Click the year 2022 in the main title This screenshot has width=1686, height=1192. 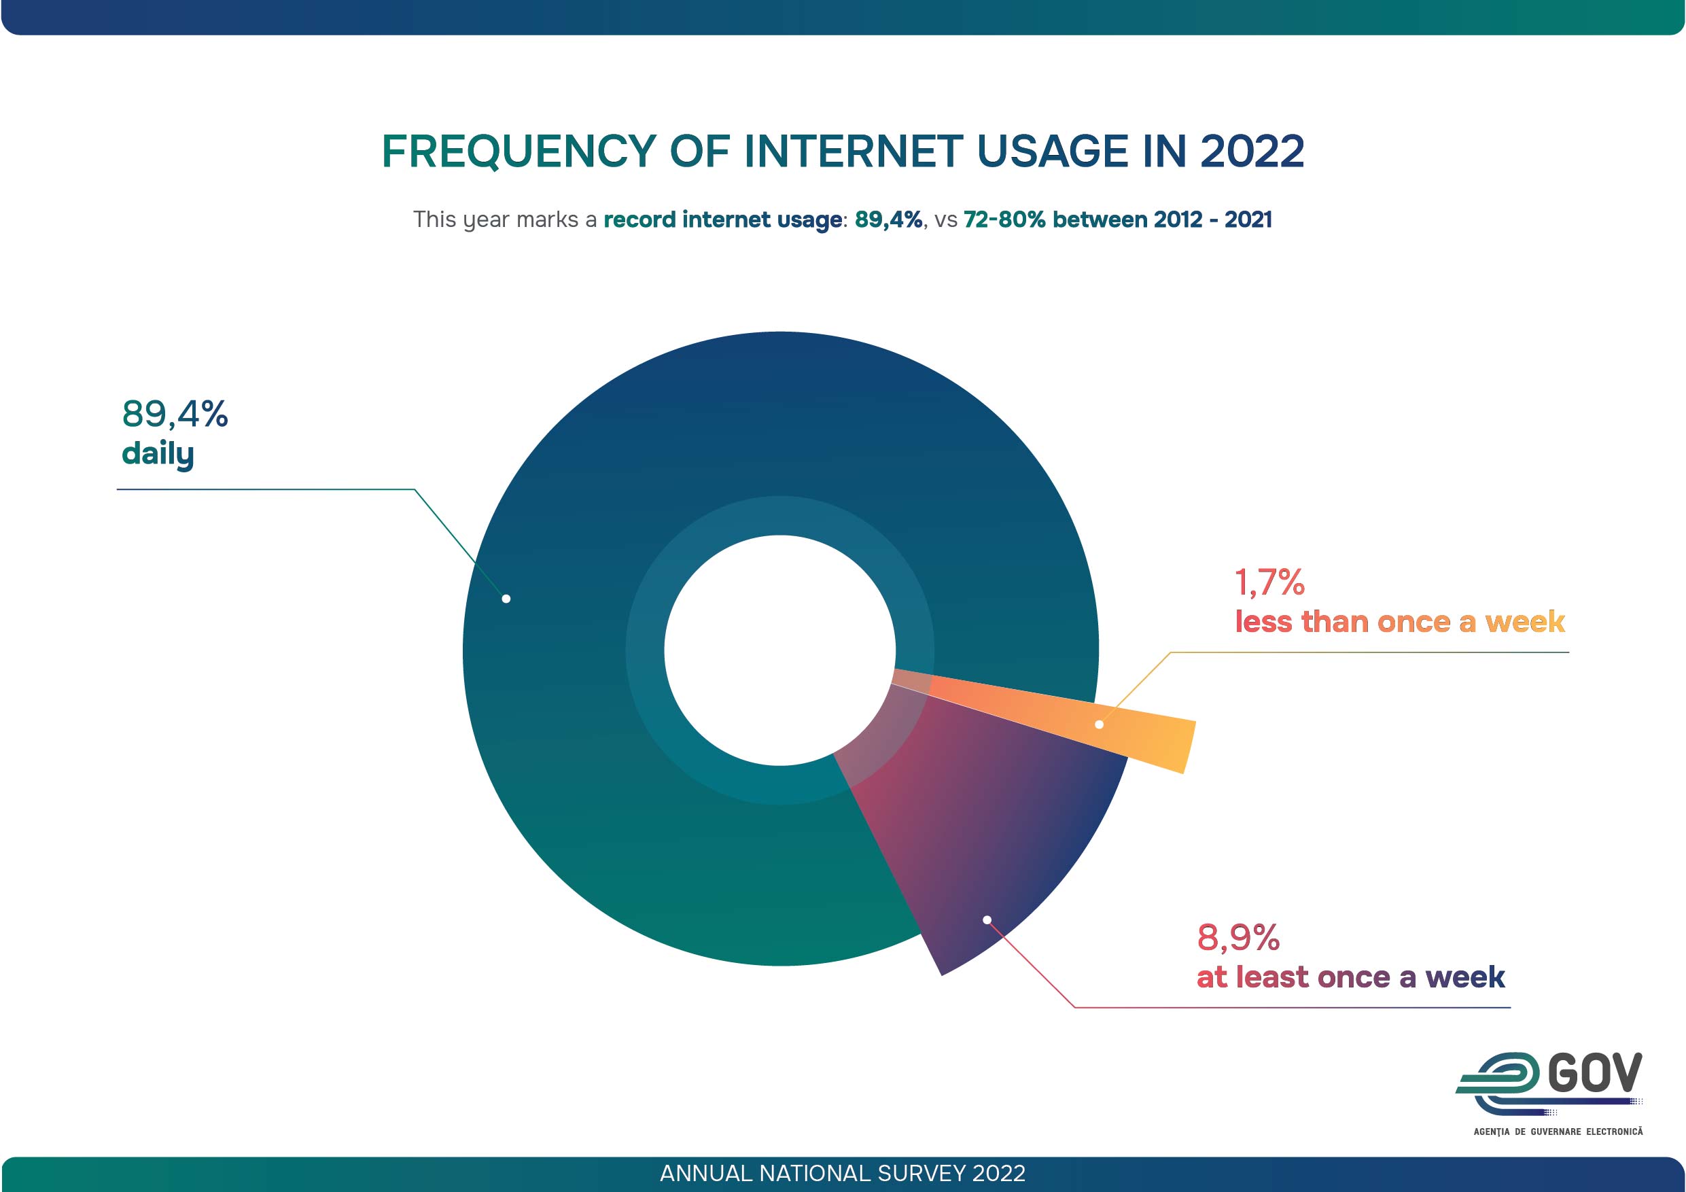pos(1251,152)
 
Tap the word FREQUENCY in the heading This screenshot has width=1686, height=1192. pos(519,152)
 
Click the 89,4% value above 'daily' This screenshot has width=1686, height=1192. pos(175,415)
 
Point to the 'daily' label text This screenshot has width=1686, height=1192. pos(158,454)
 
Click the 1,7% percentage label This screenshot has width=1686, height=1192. pos(1269,582)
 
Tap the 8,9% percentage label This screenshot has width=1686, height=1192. pos(1238,938)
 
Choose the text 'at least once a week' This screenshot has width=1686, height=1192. pos(1350,977)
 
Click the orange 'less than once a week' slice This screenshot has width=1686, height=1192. pos(1146,735)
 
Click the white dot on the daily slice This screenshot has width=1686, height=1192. pos(506,599)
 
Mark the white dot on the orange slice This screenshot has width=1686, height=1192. pos(1100,725)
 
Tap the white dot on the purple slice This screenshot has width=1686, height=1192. pos(987,920)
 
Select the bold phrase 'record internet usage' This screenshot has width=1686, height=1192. pos(722,220)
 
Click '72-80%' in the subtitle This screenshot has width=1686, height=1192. pos(1004,220)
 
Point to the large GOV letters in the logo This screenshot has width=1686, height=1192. pos(1595,1074)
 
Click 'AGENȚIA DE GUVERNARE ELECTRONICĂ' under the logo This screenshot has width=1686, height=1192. pos(1558,1132)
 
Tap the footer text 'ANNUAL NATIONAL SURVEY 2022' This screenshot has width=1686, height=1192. pos(842,1174)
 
